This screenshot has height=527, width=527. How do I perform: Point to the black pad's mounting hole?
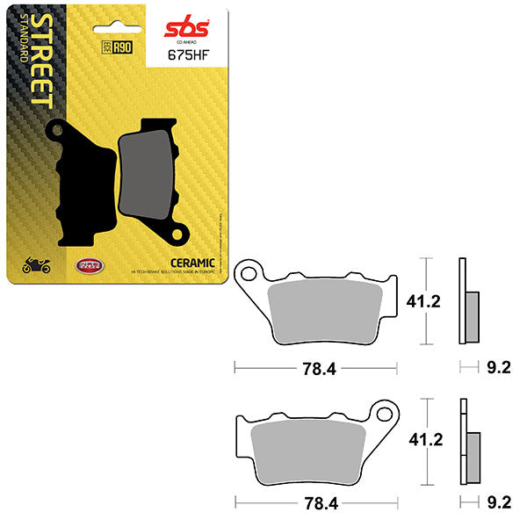(x=58, y=133)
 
